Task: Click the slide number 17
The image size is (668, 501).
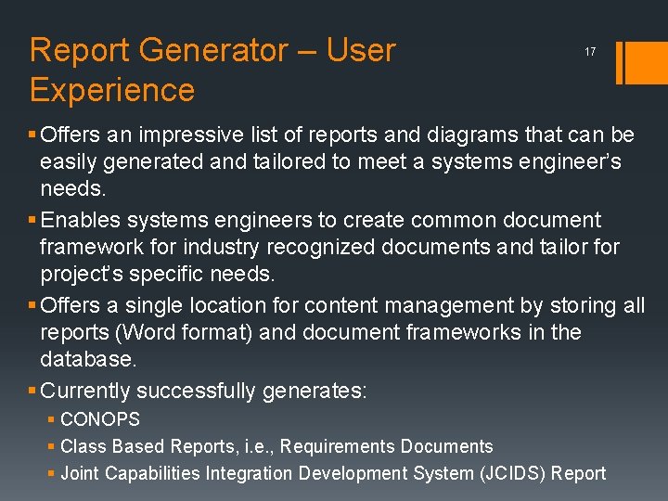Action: point(590,52)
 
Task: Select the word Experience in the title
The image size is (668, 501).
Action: point(112,90)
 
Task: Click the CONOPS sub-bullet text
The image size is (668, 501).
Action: point(100,420)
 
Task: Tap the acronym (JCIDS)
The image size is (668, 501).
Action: point(513,474)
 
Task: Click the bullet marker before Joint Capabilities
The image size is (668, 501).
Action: point(52,474)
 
